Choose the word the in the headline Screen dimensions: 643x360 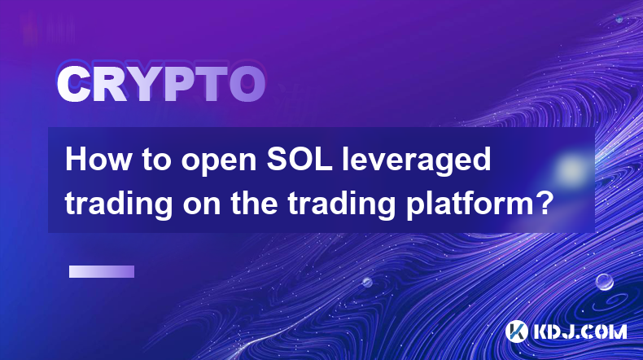click(x=254, y=203)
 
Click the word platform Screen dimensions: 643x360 click(x=470, y=204)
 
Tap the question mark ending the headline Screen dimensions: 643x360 click(x=545, y=202)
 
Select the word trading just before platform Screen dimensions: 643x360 click(x=341, y=204)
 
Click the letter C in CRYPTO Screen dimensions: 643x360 click(x=74, y=85)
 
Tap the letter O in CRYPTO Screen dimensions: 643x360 click(x=247, y=85)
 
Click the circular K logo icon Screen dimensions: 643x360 click(x=517, y=331)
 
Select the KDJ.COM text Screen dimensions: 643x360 click(x=580, y=331)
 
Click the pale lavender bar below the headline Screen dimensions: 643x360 click(x=102, y=272)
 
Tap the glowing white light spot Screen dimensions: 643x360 click(x=570, y=169)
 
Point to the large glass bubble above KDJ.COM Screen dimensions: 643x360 click(x=605, y=282)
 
